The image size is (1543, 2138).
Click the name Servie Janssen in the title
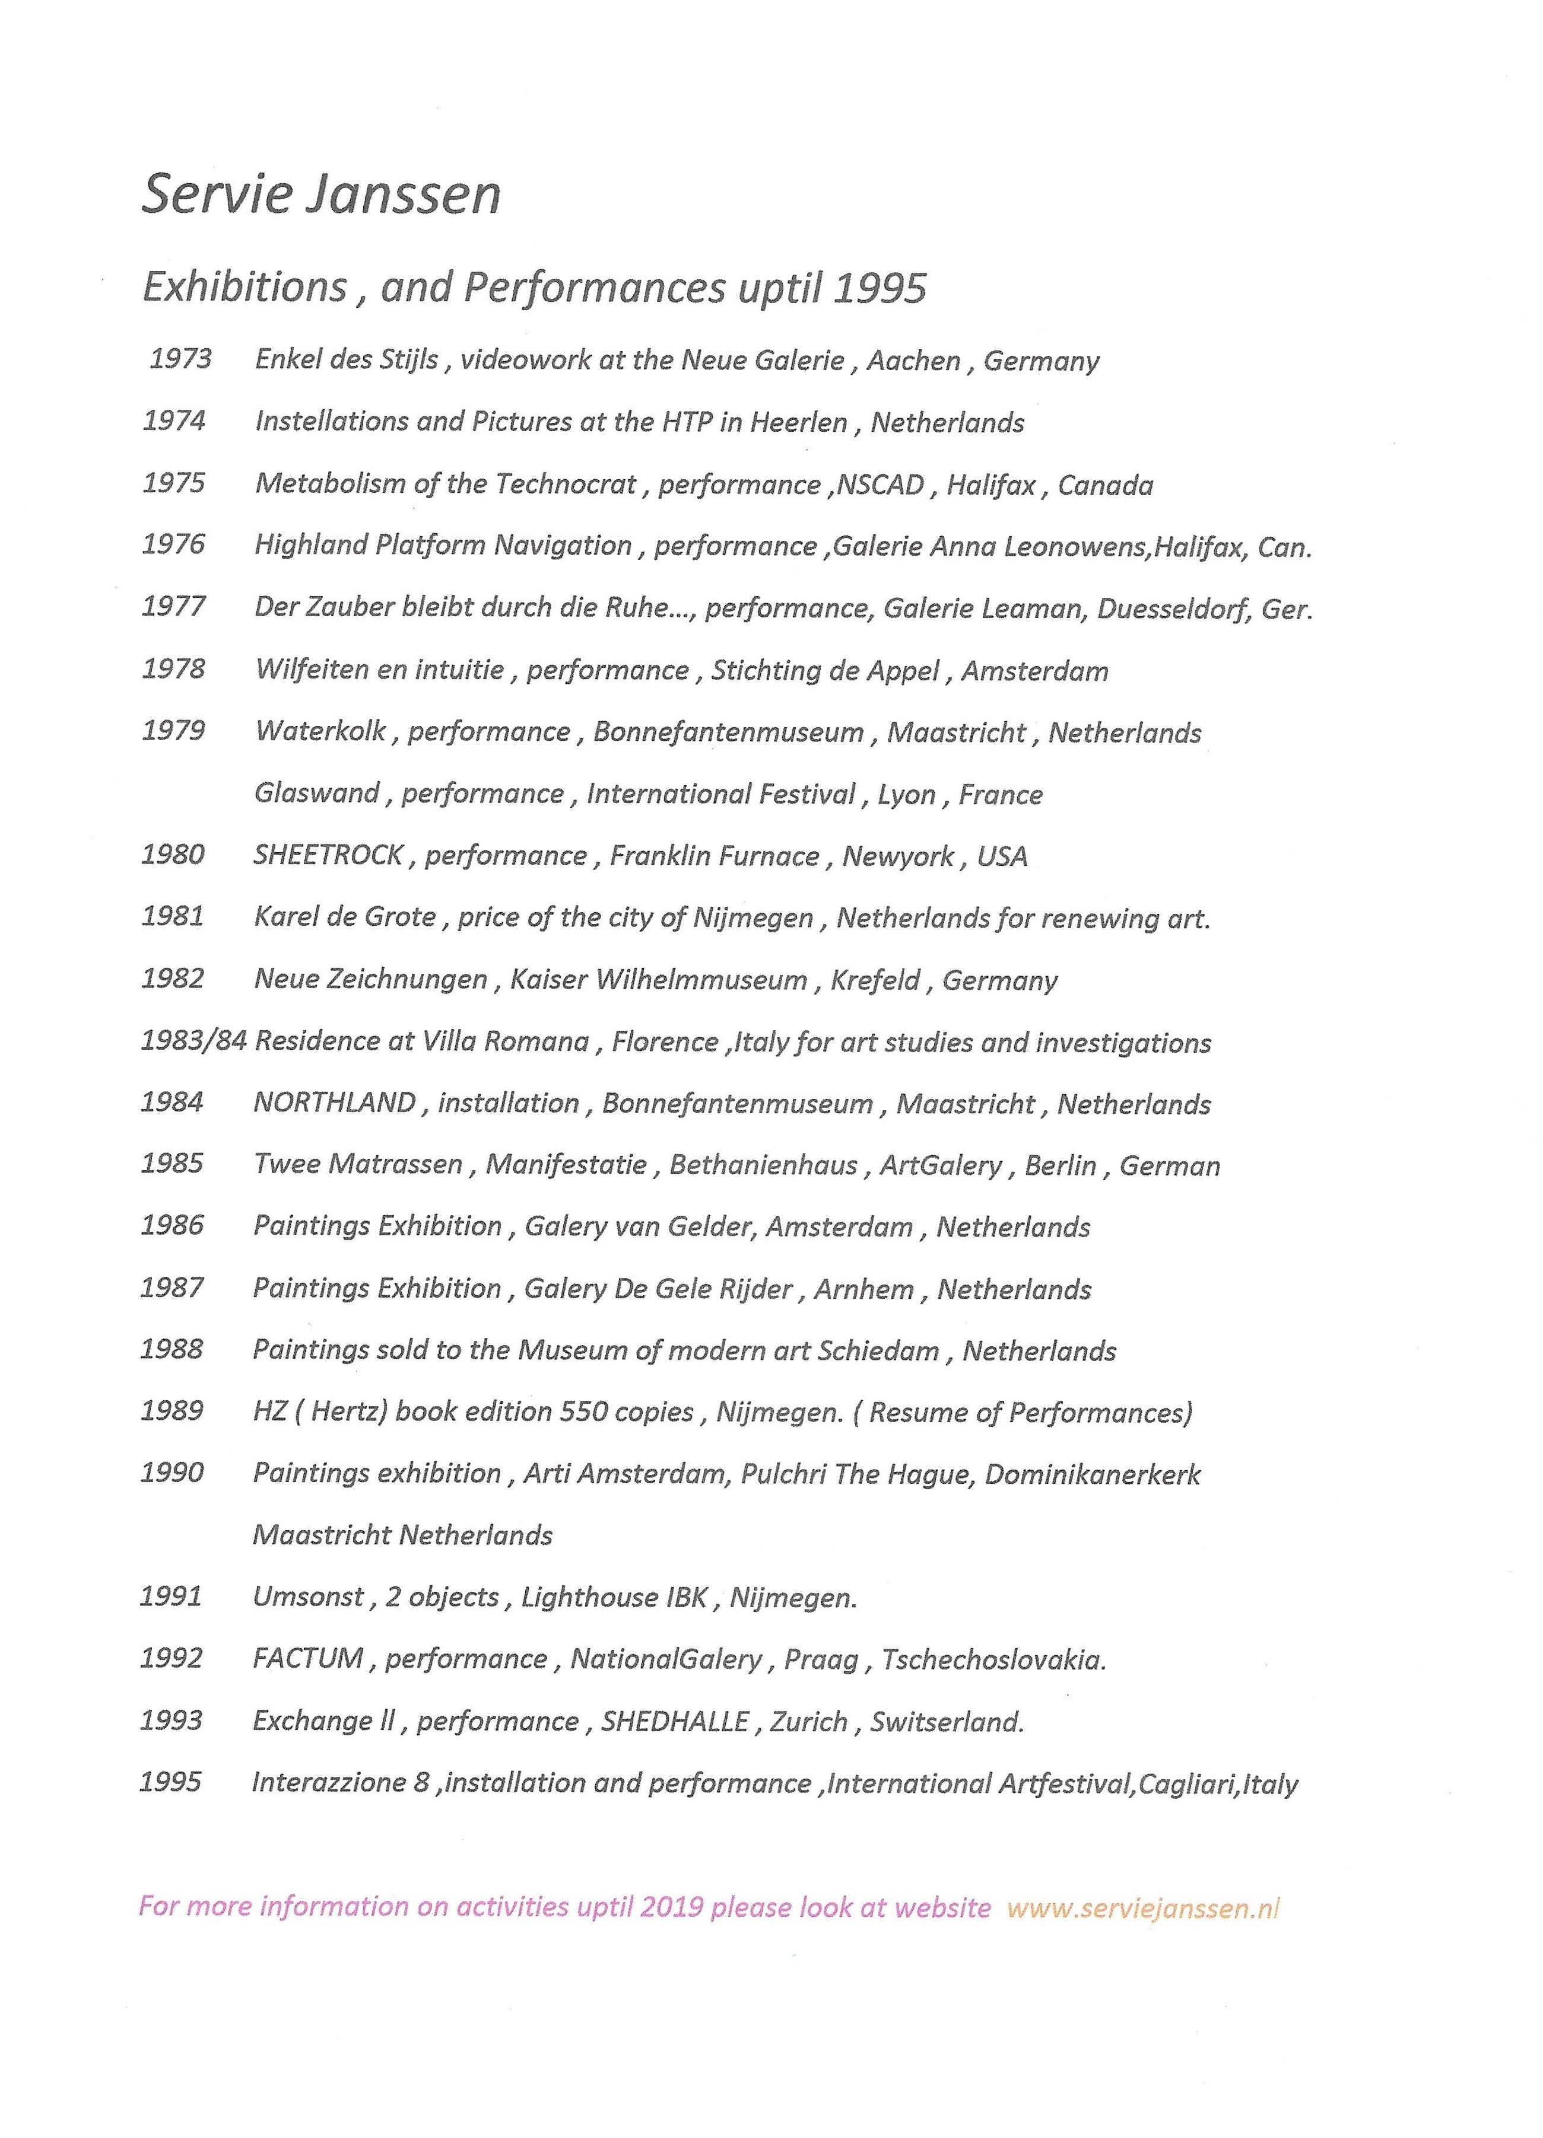(320, 195)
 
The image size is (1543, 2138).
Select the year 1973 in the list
(180, 359)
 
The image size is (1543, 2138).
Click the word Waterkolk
(320, 731)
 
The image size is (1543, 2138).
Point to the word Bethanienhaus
(763, 1165)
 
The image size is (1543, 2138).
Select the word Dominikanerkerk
(1091, 1473)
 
